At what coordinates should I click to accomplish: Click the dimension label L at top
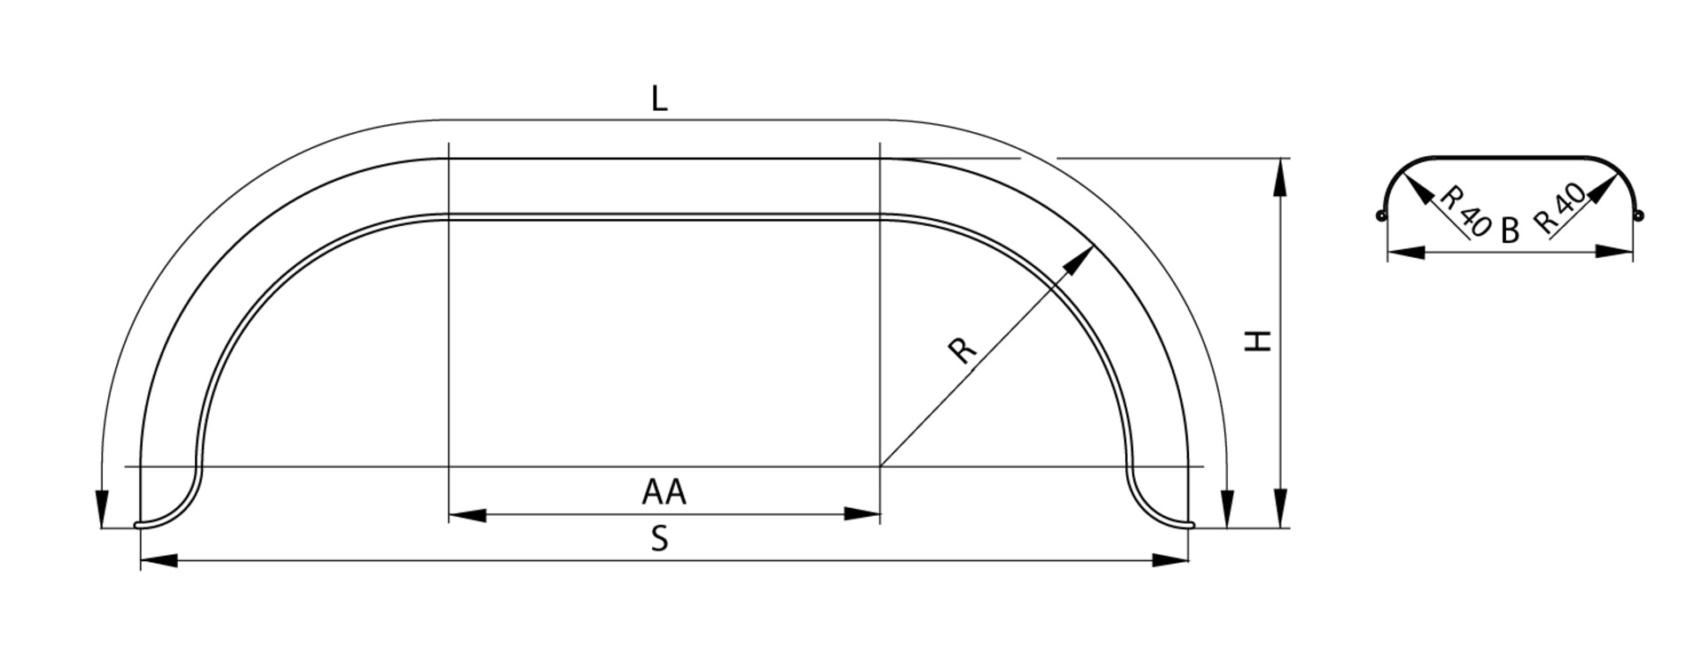click(x=658, y=99)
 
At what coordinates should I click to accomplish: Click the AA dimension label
click(x=664, y=491)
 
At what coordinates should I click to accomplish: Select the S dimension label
click(x=659, y=538)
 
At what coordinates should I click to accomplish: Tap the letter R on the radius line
click(x=962, y=349)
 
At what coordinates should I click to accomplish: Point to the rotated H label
click(x=1258, y=340)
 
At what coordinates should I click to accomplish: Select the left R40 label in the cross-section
click(x=1463, y=211)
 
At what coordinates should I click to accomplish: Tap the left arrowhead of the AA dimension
click(x=466, y=515)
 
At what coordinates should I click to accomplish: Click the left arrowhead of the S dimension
click(x=159, y=560)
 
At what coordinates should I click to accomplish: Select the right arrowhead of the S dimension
click(x=1169, y=560)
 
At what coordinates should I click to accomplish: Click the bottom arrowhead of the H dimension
click(x=1280, y=509)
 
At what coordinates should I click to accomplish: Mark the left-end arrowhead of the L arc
click(x=103, y=509)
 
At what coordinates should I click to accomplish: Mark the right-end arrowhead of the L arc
click(x=1226, y=509)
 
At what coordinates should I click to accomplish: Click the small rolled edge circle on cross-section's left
click(x=1380, y=215)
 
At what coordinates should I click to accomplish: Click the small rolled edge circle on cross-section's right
click(x=1638, y=215)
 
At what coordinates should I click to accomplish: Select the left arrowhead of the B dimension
click(x=1405, y=253)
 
